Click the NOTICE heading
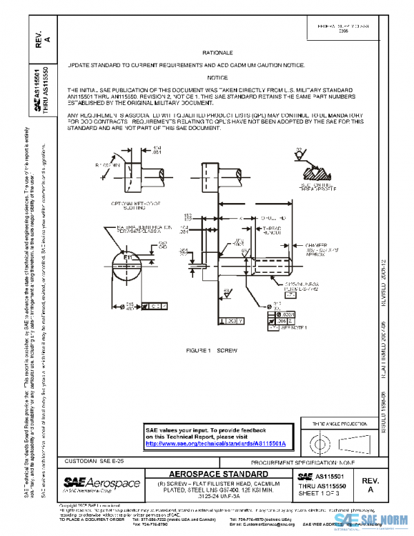[x=217, y=77]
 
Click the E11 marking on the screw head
[x=128, y=258]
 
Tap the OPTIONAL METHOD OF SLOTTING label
[x=135, y=205]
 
